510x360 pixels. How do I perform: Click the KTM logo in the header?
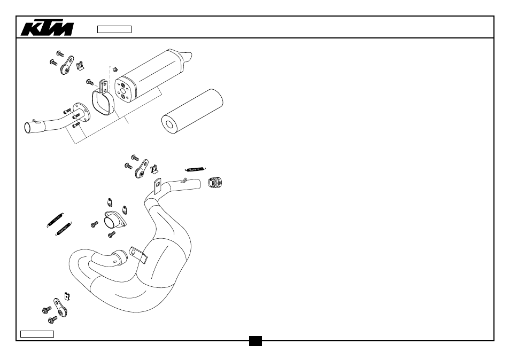coord(47,29)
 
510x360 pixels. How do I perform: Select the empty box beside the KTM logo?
coord(114,29)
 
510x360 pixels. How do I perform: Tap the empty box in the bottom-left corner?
coord(37,334)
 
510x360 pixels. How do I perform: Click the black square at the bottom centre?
coord(256,341)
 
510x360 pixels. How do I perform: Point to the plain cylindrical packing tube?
coord(192,111)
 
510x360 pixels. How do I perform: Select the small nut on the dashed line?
coord(114,69)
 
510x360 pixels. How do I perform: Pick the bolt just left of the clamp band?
coord(90,82)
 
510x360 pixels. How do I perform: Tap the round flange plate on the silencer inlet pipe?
coord(81,112)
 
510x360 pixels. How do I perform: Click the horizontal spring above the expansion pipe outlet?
coord(196,169)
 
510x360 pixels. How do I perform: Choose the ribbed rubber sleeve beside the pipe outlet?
coord(215,182)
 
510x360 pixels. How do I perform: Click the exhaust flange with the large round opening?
coord(114,220)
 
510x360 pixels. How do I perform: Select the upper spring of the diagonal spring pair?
coord(55,220)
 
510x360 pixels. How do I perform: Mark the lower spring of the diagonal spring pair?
coord(64,229)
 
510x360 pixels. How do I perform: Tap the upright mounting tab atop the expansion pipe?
coord(157,186)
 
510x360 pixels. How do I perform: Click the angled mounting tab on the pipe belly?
coord(138,254)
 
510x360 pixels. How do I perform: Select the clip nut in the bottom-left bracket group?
coord(67,296)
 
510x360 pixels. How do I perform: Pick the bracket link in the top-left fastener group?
coord(67,65)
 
